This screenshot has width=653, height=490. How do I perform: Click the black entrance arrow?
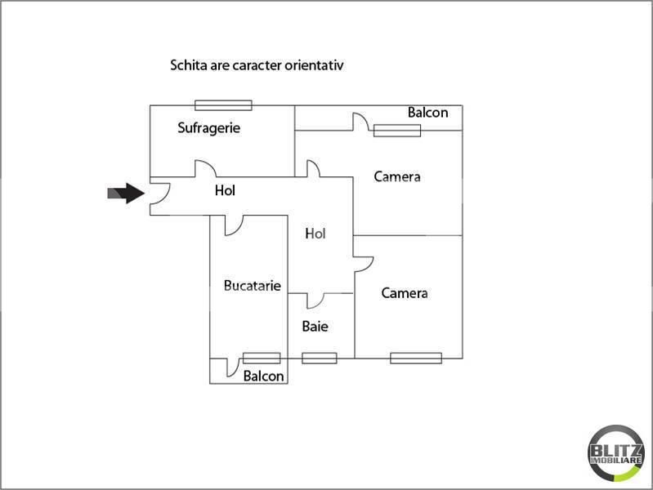[x=126, y=194]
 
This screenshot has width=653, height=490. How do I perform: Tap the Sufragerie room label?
[x=208, y=127]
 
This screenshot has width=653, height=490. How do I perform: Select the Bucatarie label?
[x=252, y=286]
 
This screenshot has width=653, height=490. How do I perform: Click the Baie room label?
[x=315, y=327]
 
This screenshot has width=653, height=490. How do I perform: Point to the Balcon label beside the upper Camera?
[x=427, y=113]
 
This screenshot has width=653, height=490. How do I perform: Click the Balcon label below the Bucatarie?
[x=264, y=376]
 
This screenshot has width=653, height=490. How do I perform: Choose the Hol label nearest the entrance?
[x=225, y=190]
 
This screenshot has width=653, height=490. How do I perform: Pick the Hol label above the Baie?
[x=315, y=234]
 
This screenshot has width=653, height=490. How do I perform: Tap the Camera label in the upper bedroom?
[x=397, y=176]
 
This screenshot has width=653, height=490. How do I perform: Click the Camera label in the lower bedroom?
[x=405, y=293]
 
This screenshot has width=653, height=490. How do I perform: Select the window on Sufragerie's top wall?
[x=223, y=105]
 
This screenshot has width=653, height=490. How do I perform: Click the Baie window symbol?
[x=320, y=358]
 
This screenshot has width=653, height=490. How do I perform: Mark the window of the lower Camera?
[x=416, y=358]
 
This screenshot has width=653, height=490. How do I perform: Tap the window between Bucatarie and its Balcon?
[x=262, y=358]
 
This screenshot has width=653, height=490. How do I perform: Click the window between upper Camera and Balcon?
[x=397, y=131]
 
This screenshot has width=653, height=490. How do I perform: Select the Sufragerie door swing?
[x=208, y=163]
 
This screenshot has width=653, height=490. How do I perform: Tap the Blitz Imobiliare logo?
[x=616, y=453]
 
